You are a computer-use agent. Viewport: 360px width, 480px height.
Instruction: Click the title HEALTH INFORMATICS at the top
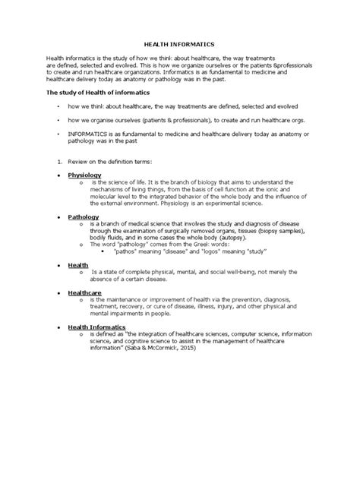pos(180,45)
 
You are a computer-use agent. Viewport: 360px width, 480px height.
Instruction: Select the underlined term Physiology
pos(84,174)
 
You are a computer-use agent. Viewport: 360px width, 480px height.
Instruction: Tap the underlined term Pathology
pos(84,216)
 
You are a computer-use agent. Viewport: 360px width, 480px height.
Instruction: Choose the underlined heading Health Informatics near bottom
pos(96,326)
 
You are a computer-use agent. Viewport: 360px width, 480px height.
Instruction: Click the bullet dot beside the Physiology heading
pos(61,175)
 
